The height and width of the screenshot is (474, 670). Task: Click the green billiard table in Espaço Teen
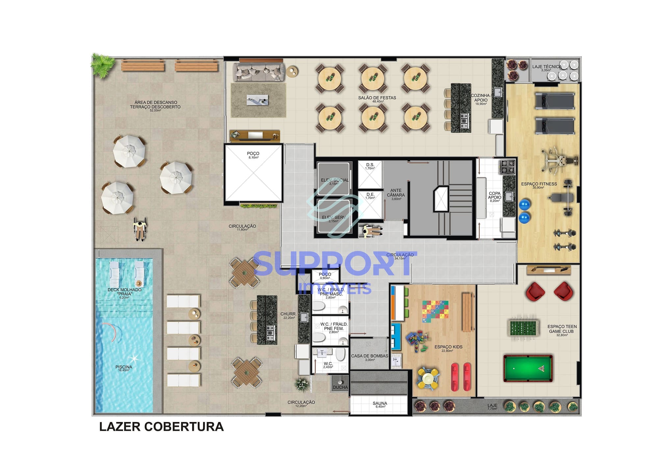point(528,368)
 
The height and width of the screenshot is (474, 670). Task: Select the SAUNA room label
point(380,403)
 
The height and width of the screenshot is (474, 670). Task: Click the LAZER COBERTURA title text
point(161,427)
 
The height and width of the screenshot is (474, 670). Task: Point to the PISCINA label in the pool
point(124,367)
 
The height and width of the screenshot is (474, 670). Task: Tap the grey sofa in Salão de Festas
point(259,72)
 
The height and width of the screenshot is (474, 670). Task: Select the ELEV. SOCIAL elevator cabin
point(333,179)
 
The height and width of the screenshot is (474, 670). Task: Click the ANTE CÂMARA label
point(396,193)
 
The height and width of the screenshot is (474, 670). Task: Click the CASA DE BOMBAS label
point(370,356)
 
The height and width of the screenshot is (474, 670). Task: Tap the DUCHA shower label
point(340,387)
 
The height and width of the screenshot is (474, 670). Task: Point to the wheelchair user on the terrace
point(140,229)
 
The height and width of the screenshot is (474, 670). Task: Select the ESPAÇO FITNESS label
point(539,184)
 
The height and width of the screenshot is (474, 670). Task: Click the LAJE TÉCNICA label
point(546,67)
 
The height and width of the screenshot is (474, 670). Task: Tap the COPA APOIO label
point(495,195)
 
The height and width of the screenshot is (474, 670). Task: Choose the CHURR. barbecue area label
point(288,314)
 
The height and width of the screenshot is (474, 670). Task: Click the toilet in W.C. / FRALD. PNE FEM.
point(319,337)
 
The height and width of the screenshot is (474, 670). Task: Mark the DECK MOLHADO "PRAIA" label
point(124,292)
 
